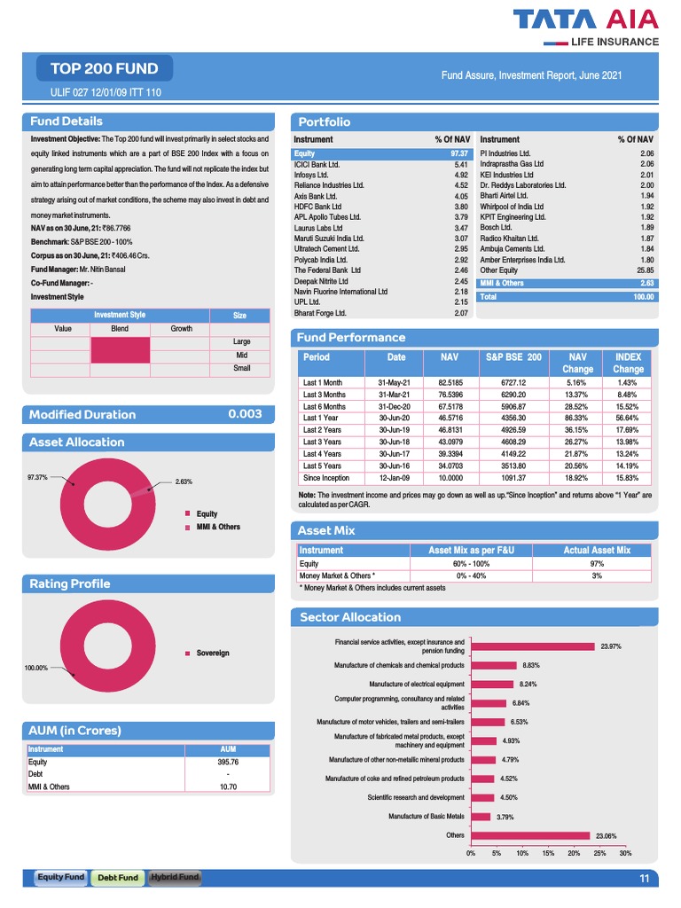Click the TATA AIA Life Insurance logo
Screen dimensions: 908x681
[599, 27]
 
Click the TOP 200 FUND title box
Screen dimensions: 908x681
[105, 68]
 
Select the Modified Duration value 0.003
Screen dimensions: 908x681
[245, 414]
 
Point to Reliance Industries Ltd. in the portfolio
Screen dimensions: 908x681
[329, 185]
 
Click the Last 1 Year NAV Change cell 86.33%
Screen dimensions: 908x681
[577, 418]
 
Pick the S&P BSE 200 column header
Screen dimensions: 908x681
[513, 356]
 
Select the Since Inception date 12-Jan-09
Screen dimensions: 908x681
[392, 477]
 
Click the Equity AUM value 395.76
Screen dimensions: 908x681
[229, 762]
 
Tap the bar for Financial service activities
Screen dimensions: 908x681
[532, 646]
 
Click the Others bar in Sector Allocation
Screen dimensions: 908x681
[530, 834]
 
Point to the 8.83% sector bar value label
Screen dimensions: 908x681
[532, 664]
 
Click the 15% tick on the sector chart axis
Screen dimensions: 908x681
[548, 853]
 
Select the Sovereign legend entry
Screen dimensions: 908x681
[212, 654]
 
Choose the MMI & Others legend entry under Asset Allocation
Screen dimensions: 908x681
[217, 527]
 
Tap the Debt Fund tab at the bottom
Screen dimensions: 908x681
[118, 877]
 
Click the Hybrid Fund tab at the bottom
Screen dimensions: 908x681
[175, 877]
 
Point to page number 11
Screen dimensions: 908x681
[644, 878]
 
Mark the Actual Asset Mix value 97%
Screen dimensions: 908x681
[597, 563]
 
